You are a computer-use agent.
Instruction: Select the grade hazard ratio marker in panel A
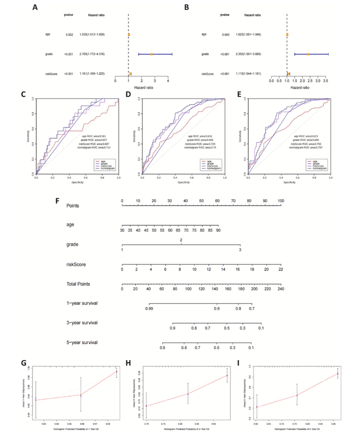tap(152, 54)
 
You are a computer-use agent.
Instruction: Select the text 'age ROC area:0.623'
tap(306, 135)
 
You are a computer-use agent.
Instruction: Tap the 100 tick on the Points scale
tap(281, 201)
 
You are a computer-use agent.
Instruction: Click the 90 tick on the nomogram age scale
tap(218, 230)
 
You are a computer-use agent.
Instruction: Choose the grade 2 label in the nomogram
tap(181, 240)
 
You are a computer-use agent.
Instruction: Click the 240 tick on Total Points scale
tap(281, 289)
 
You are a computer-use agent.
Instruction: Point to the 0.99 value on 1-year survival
tap(149, 309)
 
